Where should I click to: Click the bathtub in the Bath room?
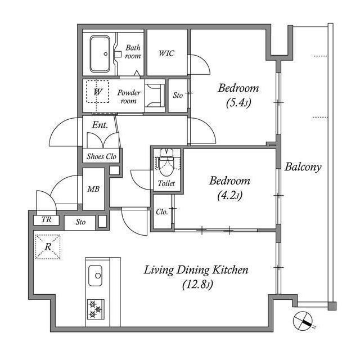coord(100,54)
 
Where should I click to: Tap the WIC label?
coord(166,53)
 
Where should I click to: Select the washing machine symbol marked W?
coord(97,92)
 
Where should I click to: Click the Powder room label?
coord(129,97)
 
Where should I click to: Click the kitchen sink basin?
coord(95,276)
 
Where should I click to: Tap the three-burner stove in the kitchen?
coord(96,309)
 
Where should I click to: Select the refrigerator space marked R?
coord(48,247)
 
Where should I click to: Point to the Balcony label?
coord(303,166)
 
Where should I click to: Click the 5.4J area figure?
coord(238,103)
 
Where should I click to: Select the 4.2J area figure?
coord(230,196)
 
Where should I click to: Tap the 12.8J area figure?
coord(197,285)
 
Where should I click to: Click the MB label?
coord(93,189)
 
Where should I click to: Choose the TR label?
coord(46,220)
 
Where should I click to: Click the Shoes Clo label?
coord(101,156)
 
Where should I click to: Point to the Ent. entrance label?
coord(100,125)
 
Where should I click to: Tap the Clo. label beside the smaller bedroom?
coord(162,211)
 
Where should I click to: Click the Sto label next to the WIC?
coord(178,95)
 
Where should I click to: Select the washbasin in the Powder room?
coord(155,96)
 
